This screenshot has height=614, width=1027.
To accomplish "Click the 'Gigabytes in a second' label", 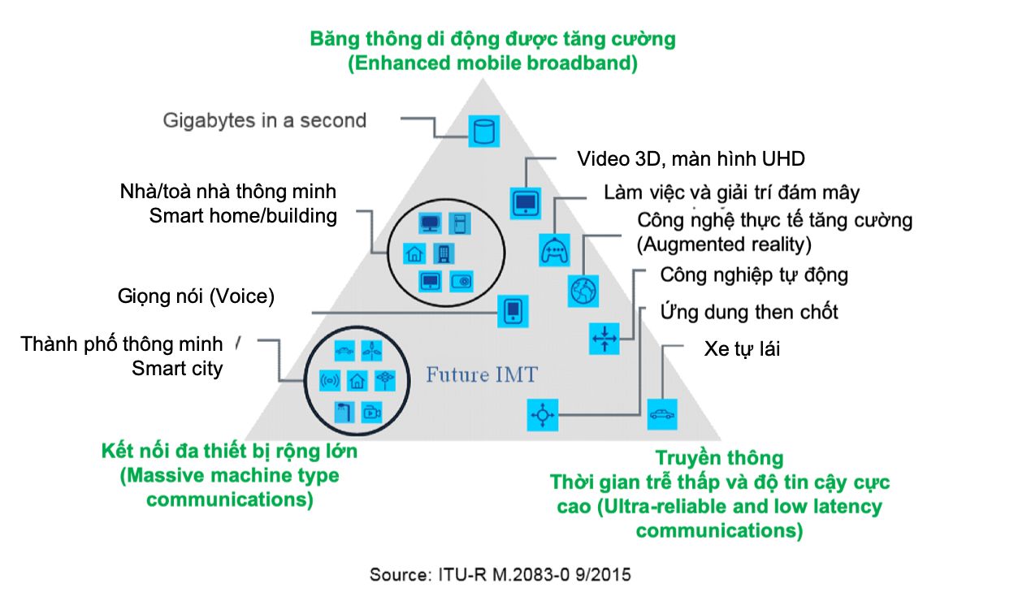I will (x=265, y=121).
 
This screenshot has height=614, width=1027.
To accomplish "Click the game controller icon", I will (x=555, y=249).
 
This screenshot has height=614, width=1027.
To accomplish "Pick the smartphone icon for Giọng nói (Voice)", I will (x=513, y=311).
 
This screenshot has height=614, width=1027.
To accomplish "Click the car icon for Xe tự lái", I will (x=661, y=413).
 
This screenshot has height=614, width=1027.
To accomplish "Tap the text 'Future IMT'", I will (x=482, y=374).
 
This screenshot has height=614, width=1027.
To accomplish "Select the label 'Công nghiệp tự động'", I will (x=754, y=275).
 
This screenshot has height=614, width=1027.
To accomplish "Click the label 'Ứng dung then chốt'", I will (x=749, y=311).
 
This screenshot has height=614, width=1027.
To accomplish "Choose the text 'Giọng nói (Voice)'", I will (x=195, y=296).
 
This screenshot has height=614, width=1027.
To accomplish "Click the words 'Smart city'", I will (x=177, y=369).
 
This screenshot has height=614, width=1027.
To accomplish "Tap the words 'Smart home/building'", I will (x=243, y=216).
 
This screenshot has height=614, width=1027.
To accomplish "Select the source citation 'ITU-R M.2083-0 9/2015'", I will (x=500, y=575).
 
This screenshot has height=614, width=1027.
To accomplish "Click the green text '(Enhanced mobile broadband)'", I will (x=492, y=63).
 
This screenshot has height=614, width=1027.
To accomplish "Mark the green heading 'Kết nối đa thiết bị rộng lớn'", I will (x=229, y=451).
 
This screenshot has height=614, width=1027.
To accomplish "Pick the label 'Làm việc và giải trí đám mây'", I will (x=731, y=192).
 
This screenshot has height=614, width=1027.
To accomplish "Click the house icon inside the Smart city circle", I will (x=357, y=379).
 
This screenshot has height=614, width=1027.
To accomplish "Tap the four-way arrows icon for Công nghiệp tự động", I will (x=604, y=338).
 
